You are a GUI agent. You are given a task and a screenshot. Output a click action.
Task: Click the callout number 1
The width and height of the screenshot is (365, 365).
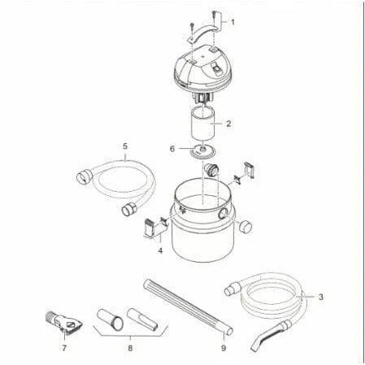[232, 22]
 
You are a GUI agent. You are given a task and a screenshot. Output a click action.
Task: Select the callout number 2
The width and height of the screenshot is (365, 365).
[228, 124]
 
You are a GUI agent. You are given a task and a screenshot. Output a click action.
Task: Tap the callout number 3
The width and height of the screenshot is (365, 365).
[321, 297]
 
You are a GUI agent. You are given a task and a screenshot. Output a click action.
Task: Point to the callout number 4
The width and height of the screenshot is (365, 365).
[160, 250]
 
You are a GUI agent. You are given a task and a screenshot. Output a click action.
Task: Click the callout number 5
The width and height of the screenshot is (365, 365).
[125, 146]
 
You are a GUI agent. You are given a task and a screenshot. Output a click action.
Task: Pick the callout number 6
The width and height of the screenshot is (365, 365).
[172, 149]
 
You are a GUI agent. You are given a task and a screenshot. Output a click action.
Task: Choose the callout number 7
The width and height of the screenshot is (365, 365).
[64, 348]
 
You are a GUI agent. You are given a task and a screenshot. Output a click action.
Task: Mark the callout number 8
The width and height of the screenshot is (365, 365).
[130, 348]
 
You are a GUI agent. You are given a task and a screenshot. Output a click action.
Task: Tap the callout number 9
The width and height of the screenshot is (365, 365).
[224, 348]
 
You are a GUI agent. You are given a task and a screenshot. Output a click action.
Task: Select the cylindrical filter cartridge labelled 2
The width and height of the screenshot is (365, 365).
[203, 124]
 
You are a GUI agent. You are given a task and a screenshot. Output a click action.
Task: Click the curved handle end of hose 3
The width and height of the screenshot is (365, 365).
[267, 335]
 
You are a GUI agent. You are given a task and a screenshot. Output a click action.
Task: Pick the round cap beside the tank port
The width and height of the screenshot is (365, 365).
[246, 227]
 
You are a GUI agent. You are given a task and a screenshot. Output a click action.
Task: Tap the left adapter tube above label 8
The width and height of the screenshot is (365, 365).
[111, 319]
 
